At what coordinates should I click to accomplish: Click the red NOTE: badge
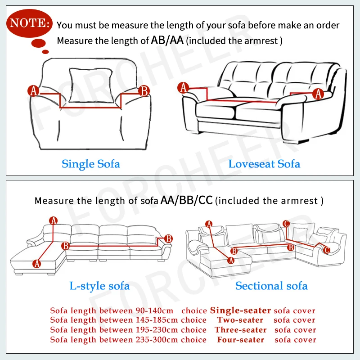[x=29, y=22]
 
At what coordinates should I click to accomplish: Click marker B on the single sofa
[x=144, y=91]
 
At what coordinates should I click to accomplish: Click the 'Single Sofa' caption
[x=91, y=163]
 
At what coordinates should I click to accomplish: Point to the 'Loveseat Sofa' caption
[x=264, y=163]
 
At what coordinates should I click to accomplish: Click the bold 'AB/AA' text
[x=168, y=40]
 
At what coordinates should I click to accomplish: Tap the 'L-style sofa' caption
[x=99, y=285]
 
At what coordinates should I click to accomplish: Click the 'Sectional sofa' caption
[x=271, y=285]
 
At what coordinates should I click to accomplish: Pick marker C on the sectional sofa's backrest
[x=286, y=224]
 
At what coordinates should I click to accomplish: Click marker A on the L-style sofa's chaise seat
[x=37, y=264]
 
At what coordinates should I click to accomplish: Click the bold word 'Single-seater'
[x=240, y=310]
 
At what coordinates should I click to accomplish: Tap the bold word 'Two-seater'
[x=240, y=320]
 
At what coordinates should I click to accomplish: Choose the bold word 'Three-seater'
[x=240, y=330]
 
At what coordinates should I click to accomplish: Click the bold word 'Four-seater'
[x=240, y=339]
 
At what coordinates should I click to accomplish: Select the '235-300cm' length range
[x=155, y=339]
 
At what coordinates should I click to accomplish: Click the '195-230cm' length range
[x=155, y=330]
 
